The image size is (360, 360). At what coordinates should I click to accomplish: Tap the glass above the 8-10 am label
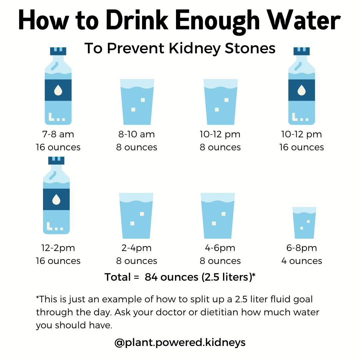[x=137, y=102]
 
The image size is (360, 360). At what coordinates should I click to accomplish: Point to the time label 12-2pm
[x=58, y=248]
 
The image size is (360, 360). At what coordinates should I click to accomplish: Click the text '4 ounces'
[x=302, y=261]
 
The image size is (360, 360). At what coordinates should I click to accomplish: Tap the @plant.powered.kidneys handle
[x=180, y=342]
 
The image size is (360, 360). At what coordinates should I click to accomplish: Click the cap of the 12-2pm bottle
[x=56, y=160]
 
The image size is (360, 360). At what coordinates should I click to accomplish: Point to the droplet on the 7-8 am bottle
[x=58, y=90]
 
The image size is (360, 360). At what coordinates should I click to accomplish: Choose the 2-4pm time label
[x=137, y=248]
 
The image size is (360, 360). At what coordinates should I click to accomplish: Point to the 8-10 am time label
[x=137, y=134]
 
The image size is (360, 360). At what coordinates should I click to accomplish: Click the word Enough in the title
[x=218, y=21]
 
